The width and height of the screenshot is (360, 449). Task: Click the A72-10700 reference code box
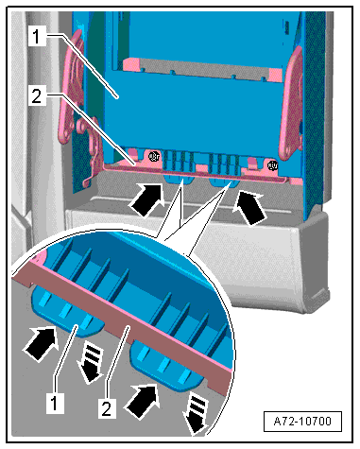302,421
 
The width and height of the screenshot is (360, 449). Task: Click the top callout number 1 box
37,36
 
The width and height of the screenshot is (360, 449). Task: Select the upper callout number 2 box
37,95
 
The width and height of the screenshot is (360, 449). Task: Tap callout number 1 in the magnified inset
55,403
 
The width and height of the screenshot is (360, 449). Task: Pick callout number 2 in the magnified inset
106,408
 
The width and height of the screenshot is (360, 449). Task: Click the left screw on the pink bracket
154,156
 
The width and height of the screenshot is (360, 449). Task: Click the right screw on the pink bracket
272,164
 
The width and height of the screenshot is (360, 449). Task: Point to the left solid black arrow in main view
147,199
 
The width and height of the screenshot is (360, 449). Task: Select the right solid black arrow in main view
250,208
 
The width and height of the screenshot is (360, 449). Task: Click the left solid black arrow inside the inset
41,344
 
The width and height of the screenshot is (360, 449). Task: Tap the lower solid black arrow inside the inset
142,401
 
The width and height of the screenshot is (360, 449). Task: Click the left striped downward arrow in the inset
91,364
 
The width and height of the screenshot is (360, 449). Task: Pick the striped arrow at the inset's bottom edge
196,415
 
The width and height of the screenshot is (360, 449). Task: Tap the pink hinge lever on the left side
73,88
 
